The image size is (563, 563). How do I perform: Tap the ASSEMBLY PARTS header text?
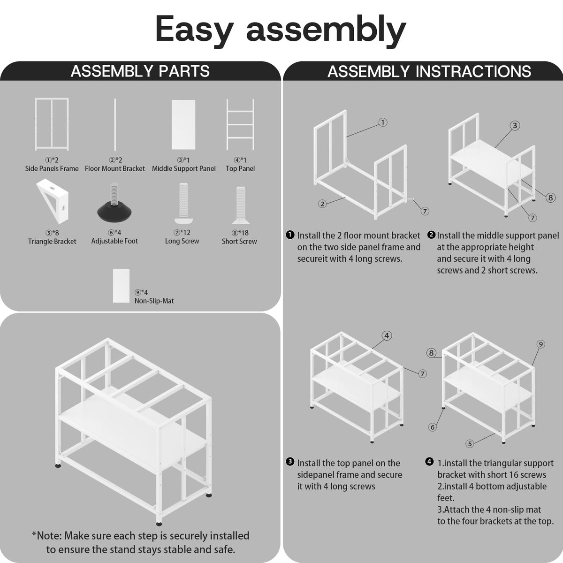coord(140,71)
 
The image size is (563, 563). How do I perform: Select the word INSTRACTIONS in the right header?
coord(473,71)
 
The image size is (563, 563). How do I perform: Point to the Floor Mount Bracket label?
coord(115,168)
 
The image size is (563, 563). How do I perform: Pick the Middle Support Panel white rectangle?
coord(183,125)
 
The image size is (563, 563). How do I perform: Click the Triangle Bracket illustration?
coord(53,201)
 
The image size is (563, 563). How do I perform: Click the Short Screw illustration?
coord(241,205)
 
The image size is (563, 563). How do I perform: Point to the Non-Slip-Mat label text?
coord(154,301)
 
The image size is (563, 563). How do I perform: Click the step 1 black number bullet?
coord(290,235)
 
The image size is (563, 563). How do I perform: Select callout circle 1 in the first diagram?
coord(383,122)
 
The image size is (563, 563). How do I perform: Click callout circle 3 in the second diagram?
coord(515,126)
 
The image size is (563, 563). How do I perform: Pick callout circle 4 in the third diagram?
coord(387,336)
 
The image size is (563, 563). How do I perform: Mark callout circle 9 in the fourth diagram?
coord(541,344)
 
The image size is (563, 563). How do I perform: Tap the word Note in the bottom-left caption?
coord(49,536)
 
